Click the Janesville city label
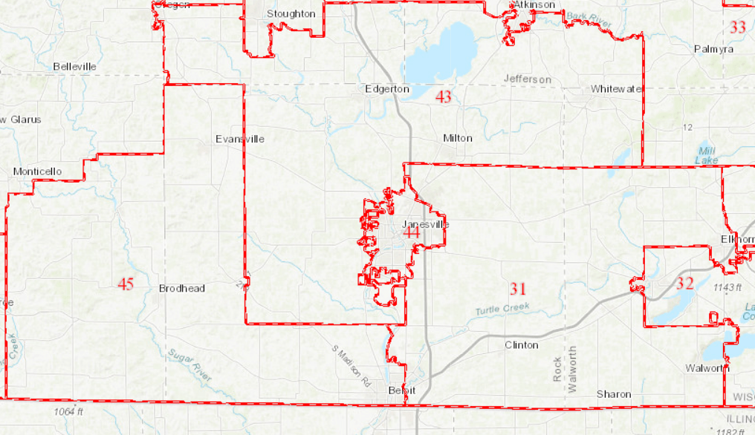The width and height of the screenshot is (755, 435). click(426, 224)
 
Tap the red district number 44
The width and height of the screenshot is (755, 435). click(411, 233)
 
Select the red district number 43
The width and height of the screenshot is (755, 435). click(443, 97)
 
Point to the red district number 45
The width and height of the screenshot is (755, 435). click(126, 284)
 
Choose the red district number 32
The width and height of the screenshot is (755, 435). click(684, 284)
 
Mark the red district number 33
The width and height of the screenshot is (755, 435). click(737, 27)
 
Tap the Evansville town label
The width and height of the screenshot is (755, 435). click(239, 139)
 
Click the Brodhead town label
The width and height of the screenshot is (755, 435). click(181, 288)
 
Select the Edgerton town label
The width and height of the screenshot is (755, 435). click(387, 88)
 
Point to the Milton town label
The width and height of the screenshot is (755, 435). click(457, 138)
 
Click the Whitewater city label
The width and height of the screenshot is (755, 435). click(616, 89)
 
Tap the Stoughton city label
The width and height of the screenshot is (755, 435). click(291, 13)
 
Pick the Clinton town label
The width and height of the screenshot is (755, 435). click(521, 344)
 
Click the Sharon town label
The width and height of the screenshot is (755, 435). click(614, 394)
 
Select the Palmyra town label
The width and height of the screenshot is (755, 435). click(713, 49)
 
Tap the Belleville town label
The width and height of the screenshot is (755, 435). click(74, 66)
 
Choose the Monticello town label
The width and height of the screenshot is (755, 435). click(37, 171)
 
